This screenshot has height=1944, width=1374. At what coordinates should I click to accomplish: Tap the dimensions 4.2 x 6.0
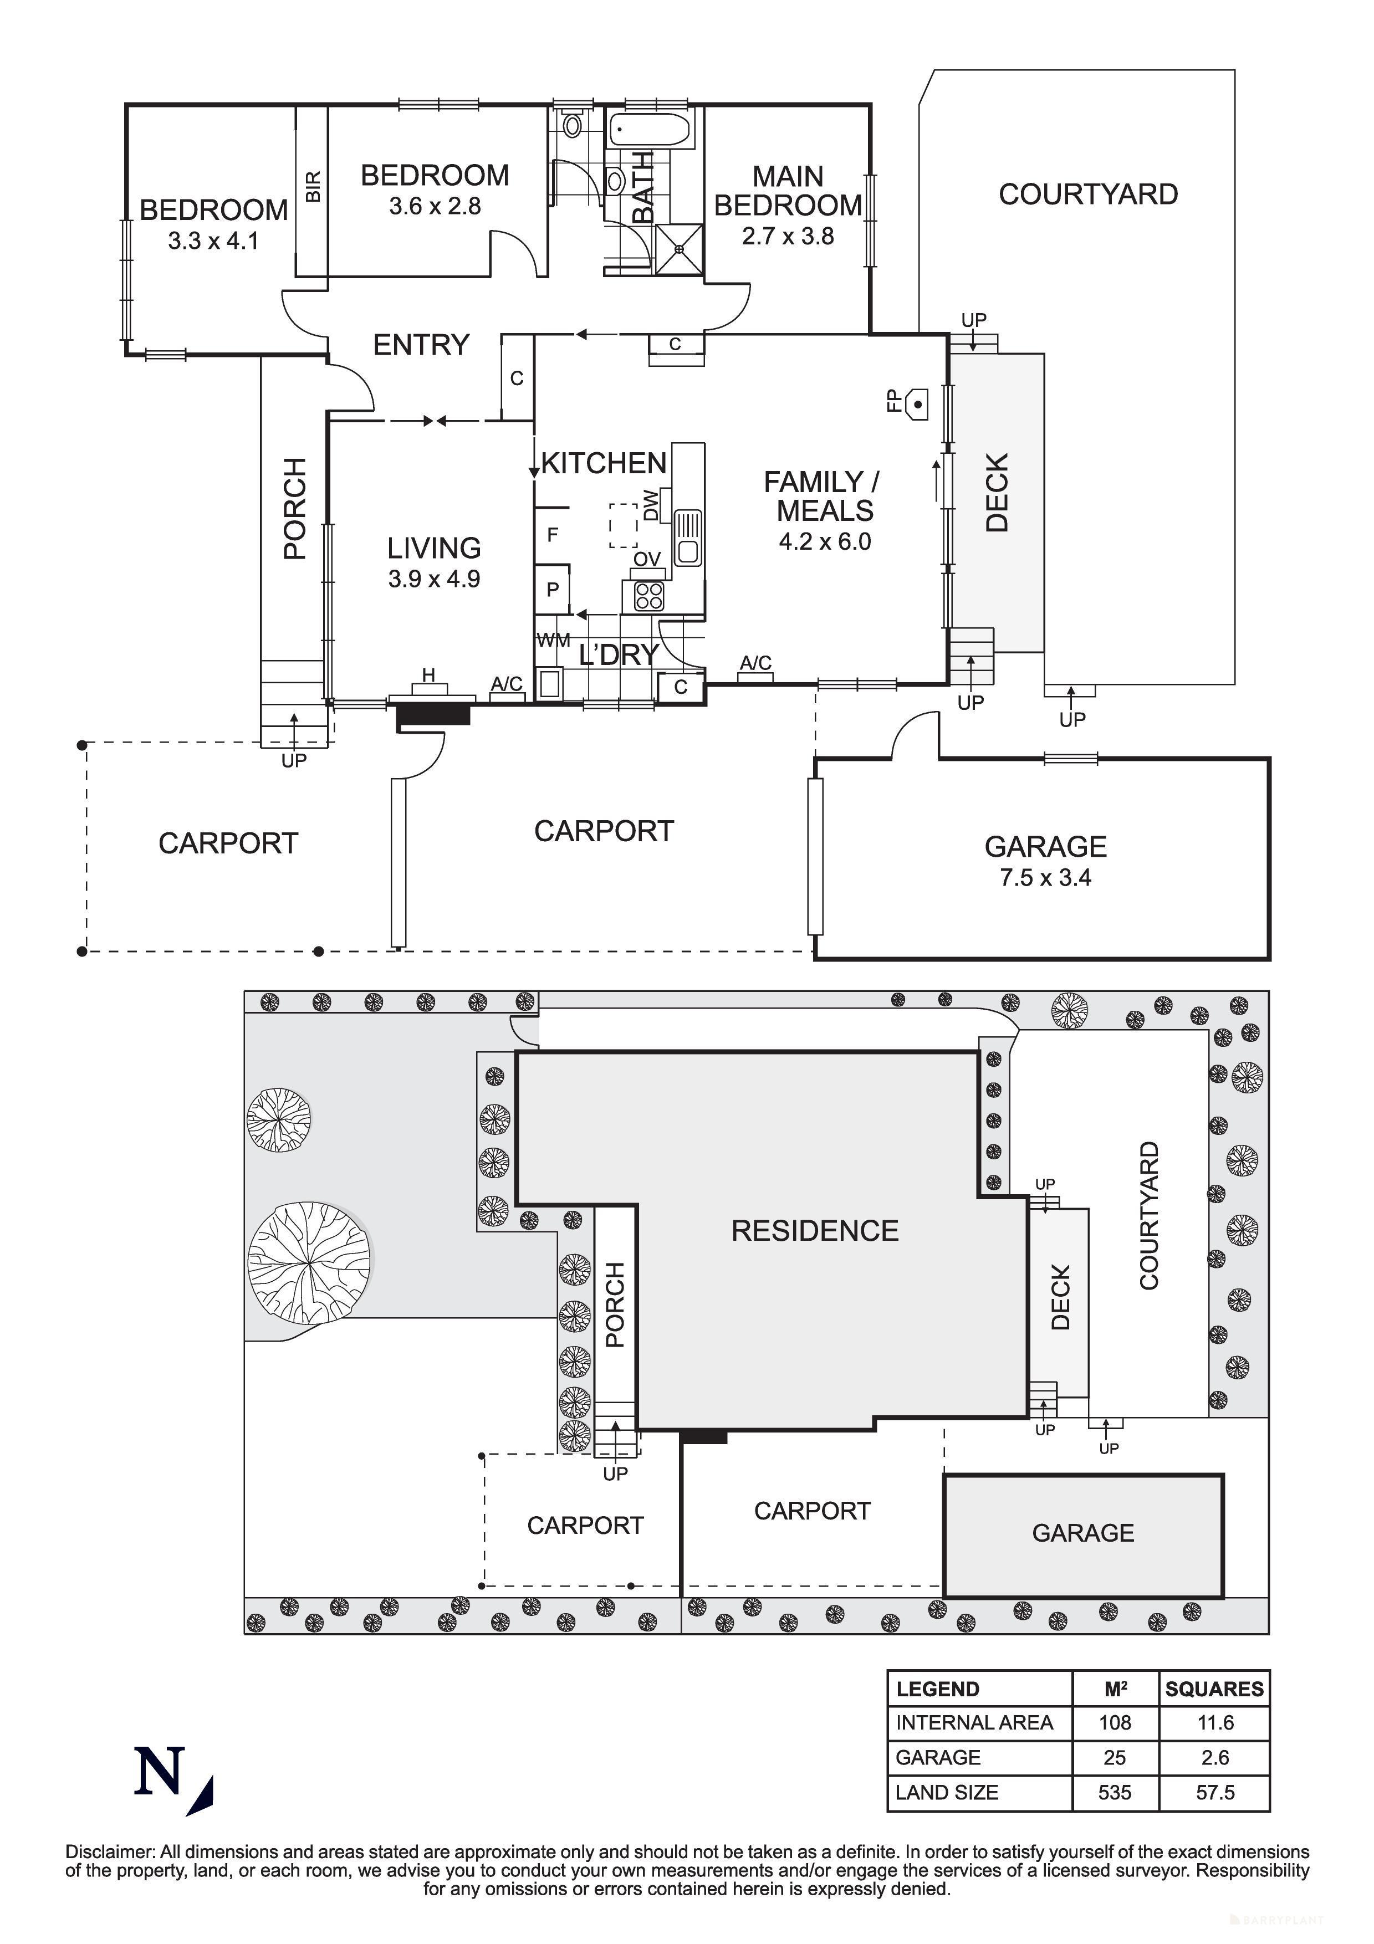(x=825, y=542)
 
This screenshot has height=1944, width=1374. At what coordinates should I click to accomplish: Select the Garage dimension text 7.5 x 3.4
(x=1045, y=878)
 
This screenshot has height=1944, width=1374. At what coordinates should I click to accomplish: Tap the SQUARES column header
(x=1214, y=1689)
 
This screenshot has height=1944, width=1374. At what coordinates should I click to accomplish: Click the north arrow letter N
(x=159, y=1772)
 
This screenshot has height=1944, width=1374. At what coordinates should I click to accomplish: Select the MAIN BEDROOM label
(x=787, y=191)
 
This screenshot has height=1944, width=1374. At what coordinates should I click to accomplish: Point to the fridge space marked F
(x=553, y=534)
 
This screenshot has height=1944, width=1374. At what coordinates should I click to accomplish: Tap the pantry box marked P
(x=553, y=589)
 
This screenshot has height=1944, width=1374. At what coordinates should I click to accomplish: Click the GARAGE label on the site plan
(x=1083, y=1532)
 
